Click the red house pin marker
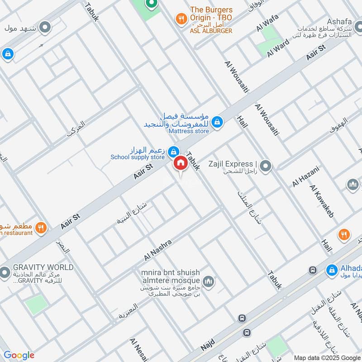[180, 163]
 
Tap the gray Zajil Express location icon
[266, 167]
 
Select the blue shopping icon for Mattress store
[218, 122]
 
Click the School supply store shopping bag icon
[173, 151]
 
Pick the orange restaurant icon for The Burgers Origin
[181, 19]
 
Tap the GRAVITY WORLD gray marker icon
[5, 272]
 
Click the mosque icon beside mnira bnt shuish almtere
[208, 282]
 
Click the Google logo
[19, 355]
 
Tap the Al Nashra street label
[158, 250]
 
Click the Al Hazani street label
[306, 176]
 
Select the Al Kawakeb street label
[322, 201]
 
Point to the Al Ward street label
[277, 47]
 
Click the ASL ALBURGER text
[211, 31]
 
